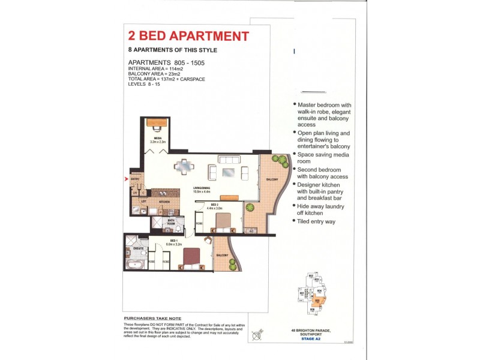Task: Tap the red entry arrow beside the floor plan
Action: tap(125, 178)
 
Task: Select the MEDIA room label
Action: tap(158, 139)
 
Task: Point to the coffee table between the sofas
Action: tap(229, 172)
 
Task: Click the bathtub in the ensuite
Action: tap(134, 264)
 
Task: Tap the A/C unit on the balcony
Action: tap(251, 230)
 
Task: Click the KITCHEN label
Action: tap(164, 202)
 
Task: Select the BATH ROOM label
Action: tap(171, 222)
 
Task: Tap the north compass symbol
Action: tap(259, 334)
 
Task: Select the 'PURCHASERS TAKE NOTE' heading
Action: tap(152, 318)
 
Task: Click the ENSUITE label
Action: tap(137, 248)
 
